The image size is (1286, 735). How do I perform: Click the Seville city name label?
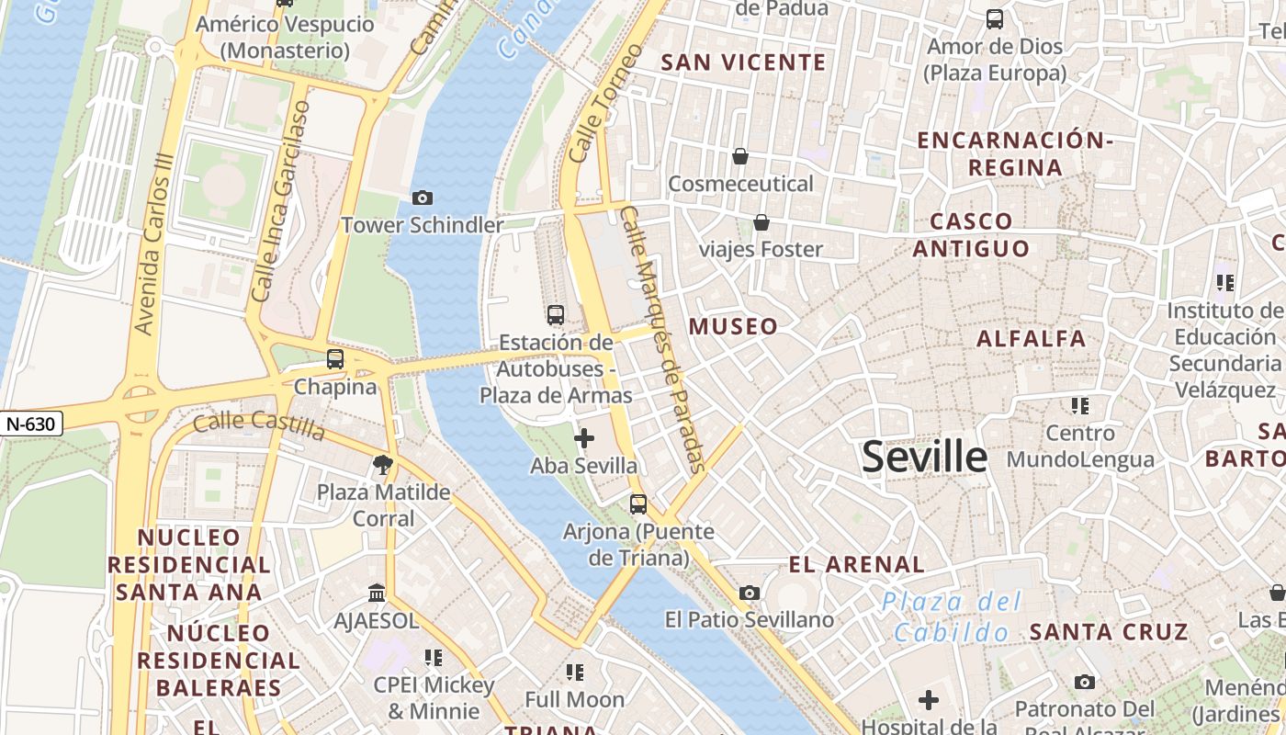[x=924, y=457]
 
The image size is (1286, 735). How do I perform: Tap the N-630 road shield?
[x=31, y=424]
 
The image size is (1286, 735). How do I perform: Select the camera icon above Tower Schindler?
[x=423, y=198]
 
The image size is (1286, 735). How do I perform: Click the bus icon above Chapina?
[x=335, y=359]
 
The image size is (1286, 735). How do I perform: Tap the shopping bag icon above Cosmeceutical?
[x=740, y=157]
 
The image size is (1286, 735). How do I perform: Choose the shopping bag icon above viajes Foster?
[x=761, y=222]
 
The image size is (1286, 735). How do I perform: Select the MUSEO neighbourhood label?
[x=733, y=326]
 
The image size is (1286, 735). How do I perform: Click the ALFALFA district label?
[x=1032, y=339]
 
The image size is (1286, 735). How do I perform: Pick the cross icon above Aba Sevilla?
[x=583, y=438]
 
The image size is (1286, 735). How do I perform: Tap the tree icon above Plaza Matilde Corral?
[x=383, y=465]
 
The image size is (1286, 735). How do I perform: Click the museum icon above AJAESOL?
[x=376, y=594]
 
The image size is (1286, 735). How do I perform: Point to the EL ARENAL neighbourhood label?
[x=856, y=564]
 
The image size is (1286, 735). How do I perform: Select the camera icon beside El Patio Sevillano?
[x=750, y=594]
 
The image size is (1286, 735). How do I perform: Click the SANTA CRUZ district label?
[x=1109, y=632]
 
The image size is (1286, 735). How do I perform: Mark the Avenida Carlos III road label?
[x=153, y=243]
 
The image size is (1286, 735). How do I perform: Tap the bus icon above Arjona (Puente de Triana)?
[x=637, y=504]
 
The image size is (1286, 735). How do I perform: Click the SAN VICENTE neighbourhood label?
[x=743, y=62]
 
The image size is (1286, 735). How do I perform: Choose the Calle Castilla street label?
[x=259, y=425]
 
